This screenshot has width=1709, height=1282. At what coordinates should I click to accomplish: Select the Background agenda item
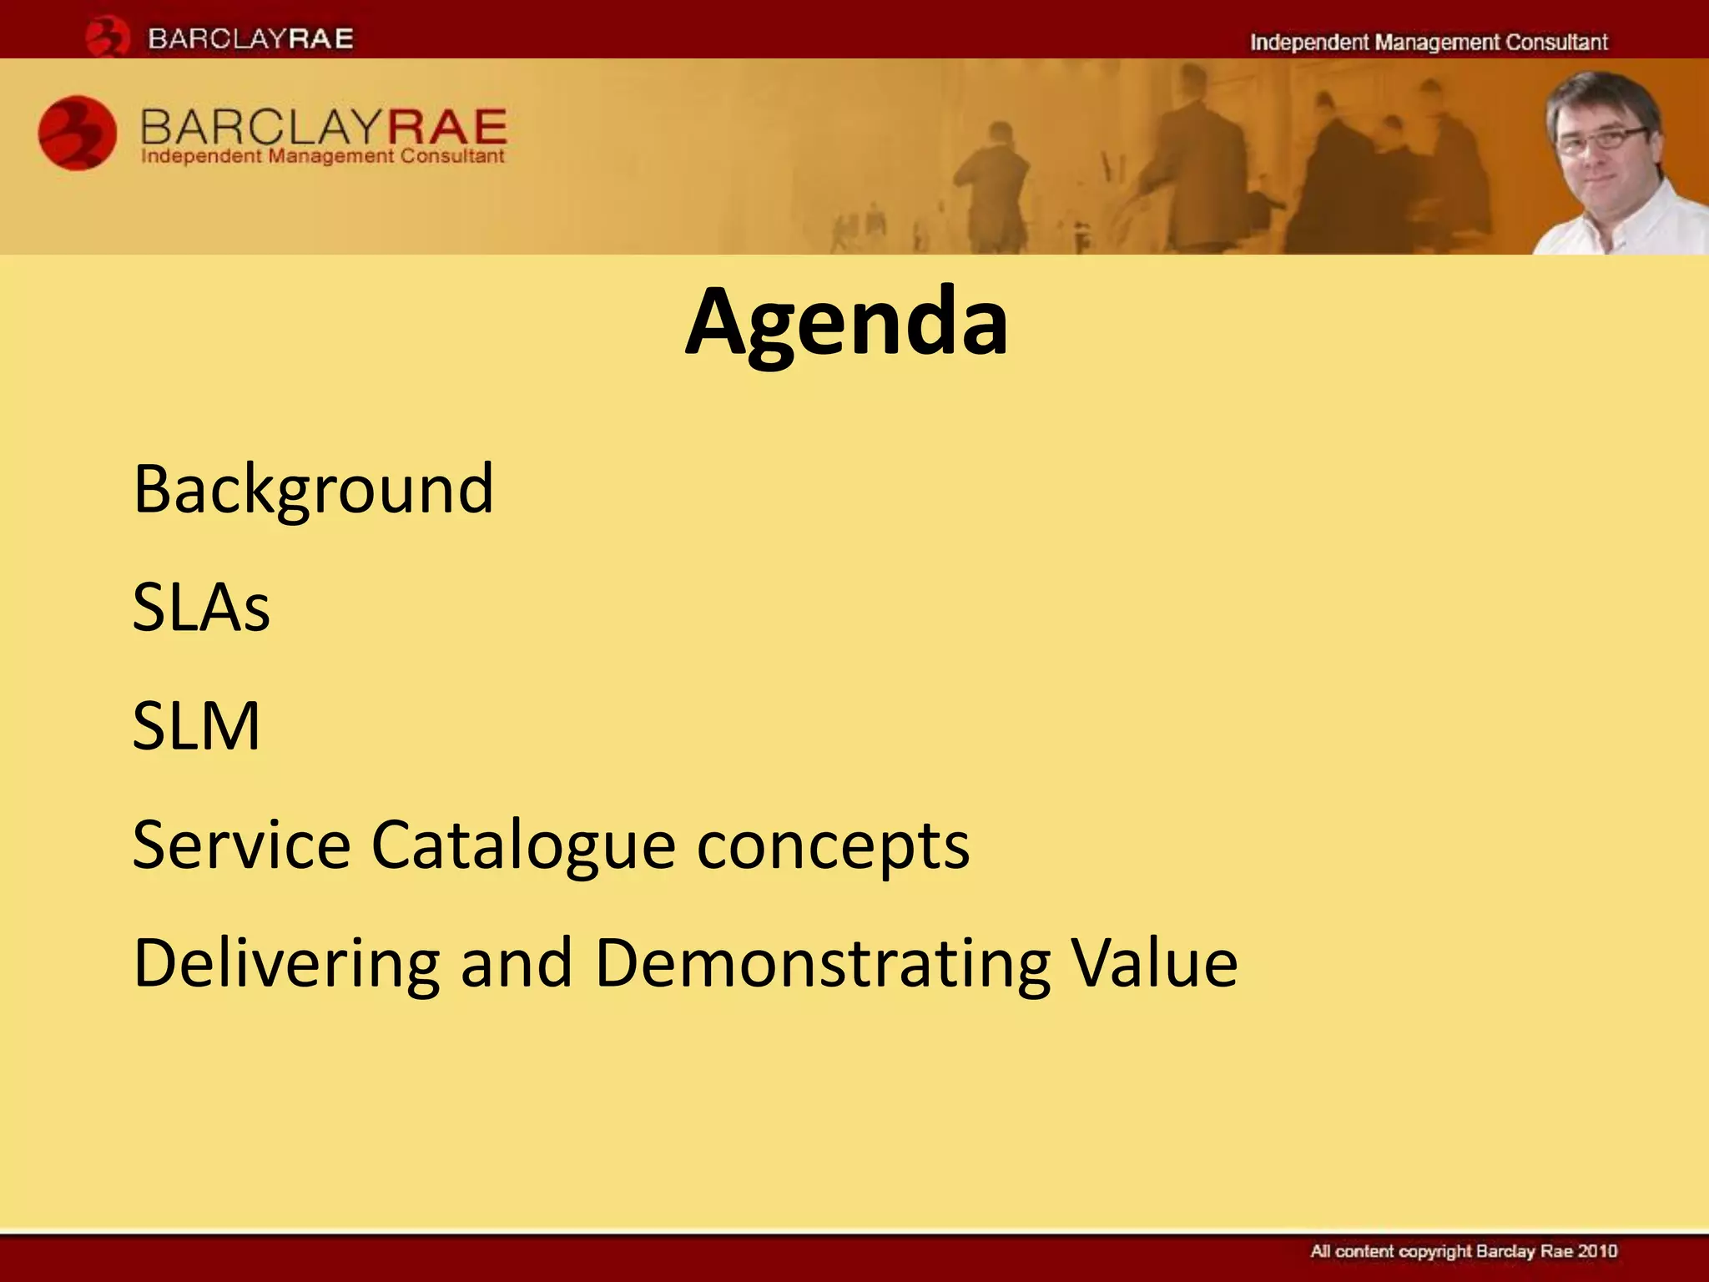[x=313, y=489]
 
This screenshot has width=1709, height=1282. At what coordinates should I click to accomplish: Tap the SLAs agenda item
[x=201, y=608]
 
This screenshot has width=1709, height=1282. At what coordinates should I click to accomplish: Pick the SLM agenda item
[x=196, y=726]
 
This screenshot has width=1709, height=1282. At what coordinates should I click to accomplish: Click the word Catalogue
[x=522, y=845]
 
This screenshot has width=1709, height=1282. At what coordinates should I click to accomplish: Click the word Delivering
[x=285, y=963]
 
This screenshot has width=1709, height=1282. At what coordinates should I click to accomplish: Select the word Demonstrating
[x=822, y=963]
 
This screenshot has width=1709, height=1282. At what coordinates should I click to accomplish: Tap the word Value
[x=1154, y=963]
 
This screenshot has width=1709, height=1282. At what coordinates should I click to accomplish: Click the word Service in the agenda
[x=241, y=845]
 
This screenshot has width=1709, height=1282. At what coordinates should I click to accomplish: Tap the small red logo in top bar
[x=107, y=37]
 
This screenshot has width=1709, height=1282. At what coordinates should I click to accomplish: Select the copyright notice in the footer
[x=1463, y=1251]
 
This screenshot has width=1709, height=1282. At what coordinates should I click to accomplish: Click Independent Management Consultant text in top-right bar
[x=1428, y=43]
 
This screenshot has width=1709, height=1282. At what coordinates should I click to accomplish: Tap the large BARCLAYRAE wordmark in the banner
[x=323, y=126]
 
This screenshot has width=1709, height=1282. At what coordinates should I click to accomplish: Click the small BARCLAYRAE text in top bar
[x=250, y=38]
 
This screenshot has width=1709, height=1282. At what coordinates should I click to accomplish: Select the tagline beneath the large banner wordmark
[x=323, y=156]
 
